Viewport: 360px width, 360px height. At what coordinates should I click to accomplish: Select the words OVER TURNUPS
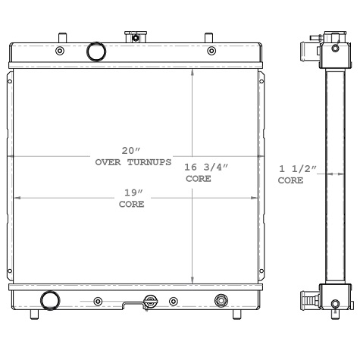pos(133,163)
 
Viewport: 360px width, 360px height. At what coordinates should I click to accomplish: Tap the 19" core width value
pos(131,192)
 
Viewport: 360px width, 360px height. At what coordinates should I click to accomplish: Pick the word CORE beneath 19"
pos(131,205)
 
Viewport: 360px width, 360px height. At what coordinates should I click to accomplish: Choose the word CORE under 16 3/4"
pos(199,180)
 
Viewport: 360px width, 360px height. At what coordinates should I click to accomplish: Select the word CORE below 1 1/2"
pos(290,182)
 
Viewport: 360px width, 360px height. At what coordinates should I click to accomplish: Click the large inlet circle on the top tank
pos(96,52)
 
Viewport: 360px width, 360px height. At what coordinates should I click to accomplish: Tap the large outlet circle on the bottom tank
pos(50,300)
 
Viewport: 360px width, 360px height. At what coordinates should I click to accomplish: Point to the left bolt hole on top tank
pos(60,52)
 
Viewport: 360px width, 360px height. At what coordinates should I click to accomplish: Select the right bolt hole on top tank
pos(211,52)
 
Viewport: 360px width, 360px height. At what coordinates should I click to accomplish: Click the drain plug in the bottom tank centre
pos(152,301)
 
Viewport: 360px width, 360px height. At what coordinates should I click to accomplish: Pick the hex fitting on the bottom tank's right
pos(221,300)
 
